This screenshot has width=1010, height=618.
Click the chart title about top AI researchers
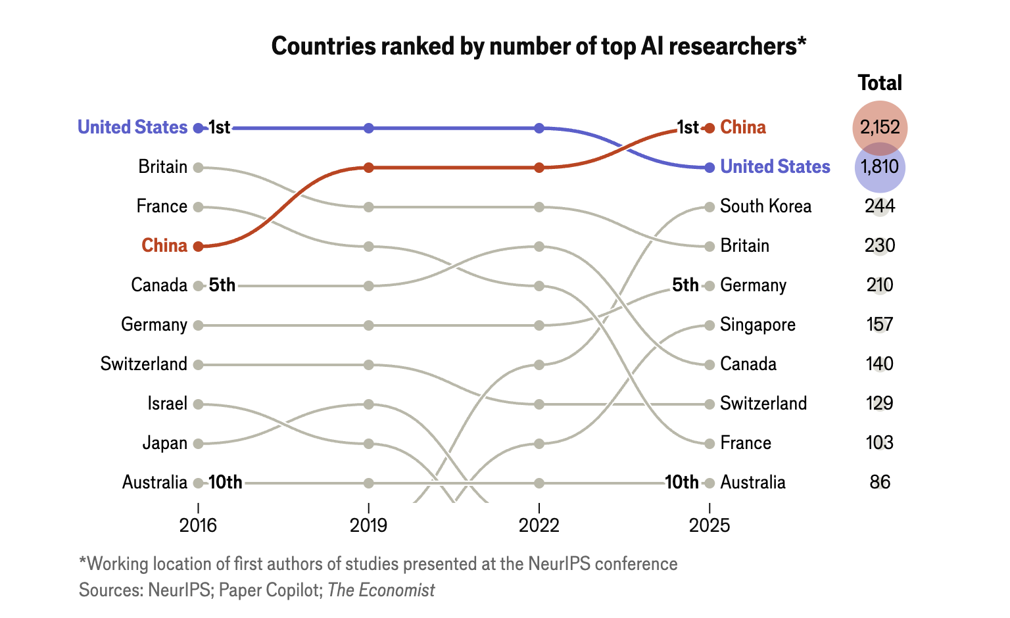(539, 47)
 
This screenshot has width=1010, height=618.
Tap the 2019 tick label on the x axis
(368, 525)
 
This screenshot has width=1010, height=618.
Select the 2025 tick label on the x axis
(709, 525)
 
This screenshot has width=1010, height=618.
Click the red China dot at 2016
(198, 246)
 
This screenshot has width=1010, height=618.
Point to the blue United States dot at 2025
(709, 168)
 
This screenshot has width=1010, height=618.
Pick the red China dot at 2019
(368, 168)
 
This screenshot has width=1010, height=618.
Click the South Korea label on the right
(765, 206)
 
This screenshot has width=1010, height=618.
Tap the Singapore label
(757, 325)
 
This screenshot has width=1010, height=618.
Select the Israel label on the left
(168, 404)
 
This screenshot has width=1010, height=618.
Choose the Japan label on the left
(165, 443)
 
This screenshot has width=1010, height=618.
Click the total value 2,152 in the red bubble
(880, 128)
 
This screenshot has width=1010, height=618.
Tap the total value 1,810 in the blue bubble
(880, 167)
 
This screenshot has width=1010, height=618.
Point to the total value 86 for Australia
(880, 483)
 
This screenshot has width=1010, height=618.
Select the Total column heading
(880, 83)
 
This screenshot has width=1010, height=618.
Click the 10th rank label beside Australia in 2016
(226, 483)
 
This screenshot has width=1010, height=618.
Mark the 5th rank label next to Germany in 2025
(685, 285)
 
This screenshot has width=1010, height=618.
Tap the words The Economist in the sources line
(381, 590)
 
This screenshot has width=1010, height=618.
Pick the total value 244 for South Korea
(880, 206)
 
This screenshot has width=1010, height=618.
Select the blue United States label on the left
(132, 128)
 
